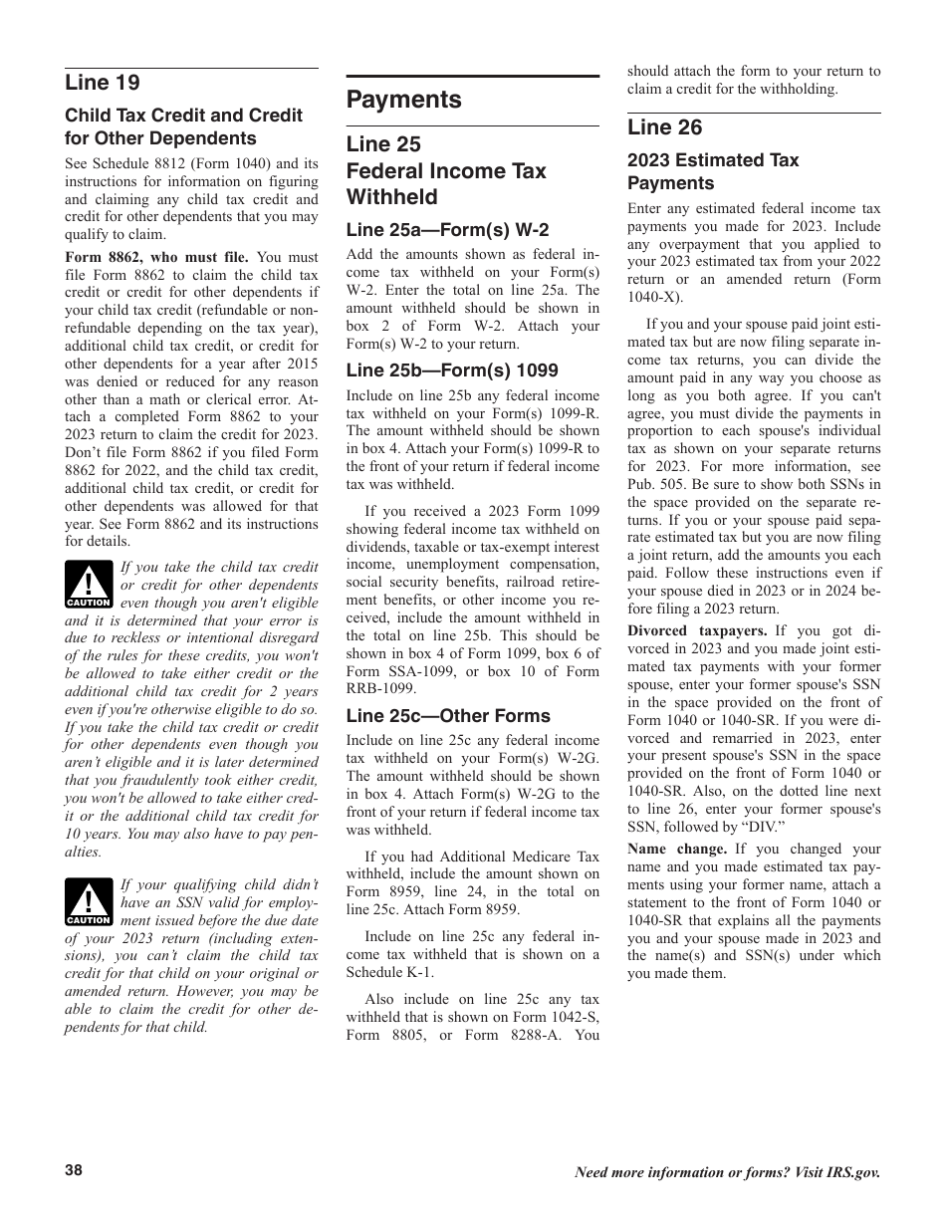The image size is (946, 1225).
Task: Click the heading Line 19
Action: coord(103,83)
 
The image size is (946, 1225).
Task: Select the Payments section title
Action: coord(403,100)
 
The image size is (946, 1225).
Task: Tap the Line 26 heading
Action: coord(664,127)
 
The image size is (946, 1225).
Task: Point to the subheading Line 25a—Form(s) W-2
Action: coord(447,229)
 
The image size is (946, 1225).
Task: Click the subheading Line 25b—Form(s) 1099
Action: coord(452,370)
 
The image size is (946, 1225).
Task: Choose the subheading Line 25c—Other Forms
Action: coord(448,716)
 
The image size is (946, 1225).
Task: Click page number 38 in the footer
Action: coord(74,1171)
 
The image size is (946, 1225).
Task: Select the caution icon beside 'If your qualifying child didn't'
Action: coord(89,902)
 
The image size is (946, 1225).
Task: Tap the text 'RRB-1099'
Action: coord(376,689)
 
